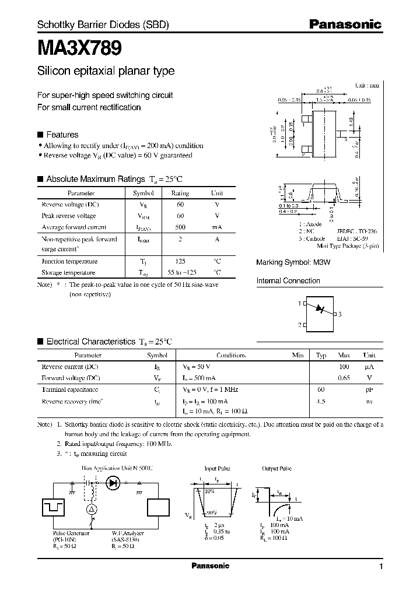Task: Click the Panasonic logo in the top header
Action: tap(345, 24)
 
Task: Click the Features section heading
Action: tap(62, 134)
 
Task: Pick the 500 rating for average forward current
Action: tap(180, 227)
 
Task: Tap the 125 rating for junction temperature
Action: tap(180, 262)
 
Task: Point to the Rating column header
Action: tap(180, 193)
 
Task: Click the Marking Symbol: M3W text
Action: tap(293, 263)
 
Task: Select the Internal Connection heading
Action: tap(288, 281)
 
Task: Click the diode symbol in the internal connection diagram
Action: tap(320, 309)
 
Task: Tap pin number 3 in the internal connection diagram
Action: tap(340, 314)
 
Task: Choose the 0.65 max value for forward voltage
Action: tap(343, 378)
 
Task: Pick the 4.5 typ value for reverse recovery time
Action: tap(321, 402)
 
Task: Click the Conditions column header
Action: tap(231, 355)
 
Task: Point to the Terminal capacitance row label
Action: tap(70, 389)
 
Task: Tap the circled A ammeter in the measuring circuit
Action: tap(90, 509)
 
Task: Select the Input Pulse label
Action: tap(217, 468)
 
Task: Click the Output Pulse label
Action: tap(277, 468)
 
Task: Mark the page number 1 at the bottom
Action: tap(381, 567)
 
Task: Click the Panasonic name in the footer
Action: tap(210, 566)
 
